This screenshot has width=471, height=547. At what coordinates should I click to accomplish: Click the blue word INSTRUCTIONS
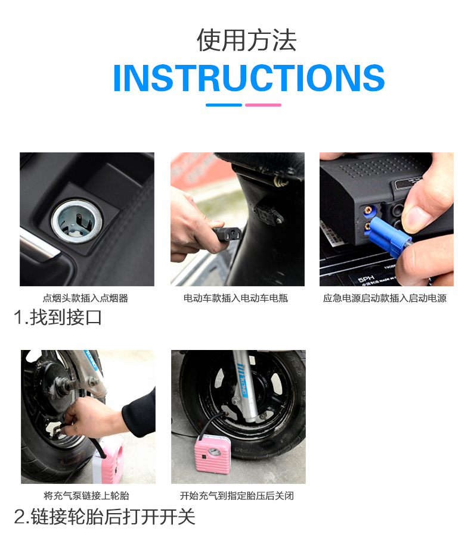pyautogui.click(x=249, y=78)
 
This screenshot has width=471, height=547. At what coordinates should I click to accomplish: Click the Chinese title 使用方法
pyautogui.click(x=247, y=40)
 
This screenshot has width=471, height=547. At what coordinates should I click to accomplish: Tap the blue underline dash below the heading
pyautogui.click(x=224, y=105)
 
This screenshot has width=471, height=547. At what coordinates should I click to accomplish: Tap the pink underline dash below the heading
pyautogui.click(x=263, y=105)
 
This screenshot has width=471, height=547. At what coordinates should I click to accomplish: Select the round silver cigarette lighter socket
pyautogui.click(x=76, y=221)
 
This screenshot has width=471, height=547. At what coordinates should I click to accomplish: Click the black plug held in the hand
pyautogui.click(x=227, y=234)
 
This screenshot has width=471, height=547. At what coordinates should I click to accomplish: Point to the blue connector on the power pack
pyautogui.click(x=389, y=236)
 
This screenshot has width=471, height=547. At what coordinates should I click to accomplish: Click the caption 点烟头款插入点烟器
pyautogui.click(x=86, y=298)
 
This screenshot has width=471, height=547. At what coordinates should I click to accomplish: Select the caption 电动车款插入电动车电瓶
pyautogui.click(x=236, y=298)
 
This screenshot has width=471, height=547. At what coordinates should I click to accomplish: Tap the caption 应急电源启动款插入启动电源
pyautogui.click(x=385, y=298)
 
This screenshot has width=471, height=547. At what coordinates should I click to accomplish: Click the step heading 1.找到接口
pyautogui.click(x=58, y=317)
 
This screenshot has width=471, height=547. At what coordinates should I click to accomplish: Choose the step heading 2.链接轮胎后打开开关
pyautogui.click(x=104, y=517)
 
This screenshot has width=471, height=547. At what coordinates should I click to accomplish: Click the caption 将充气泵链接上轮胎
pyautogui.click(x=86, y=496)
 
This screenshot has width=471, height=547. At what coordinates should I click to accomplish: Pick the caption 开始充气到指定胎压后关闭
pyautogui.click(x=237, y=496)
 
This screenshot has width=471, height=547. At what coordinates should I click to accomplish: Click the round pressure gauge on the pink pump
pyautogui.click(x=214, y=452)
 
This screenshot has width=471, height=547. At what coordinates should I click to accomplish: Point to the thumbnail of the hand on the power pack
pyautogui.click(x=386, y=219)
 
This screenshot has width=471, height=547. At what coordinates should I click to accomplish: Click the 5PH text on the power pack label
pyautogui.click(x=366, y=279)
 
